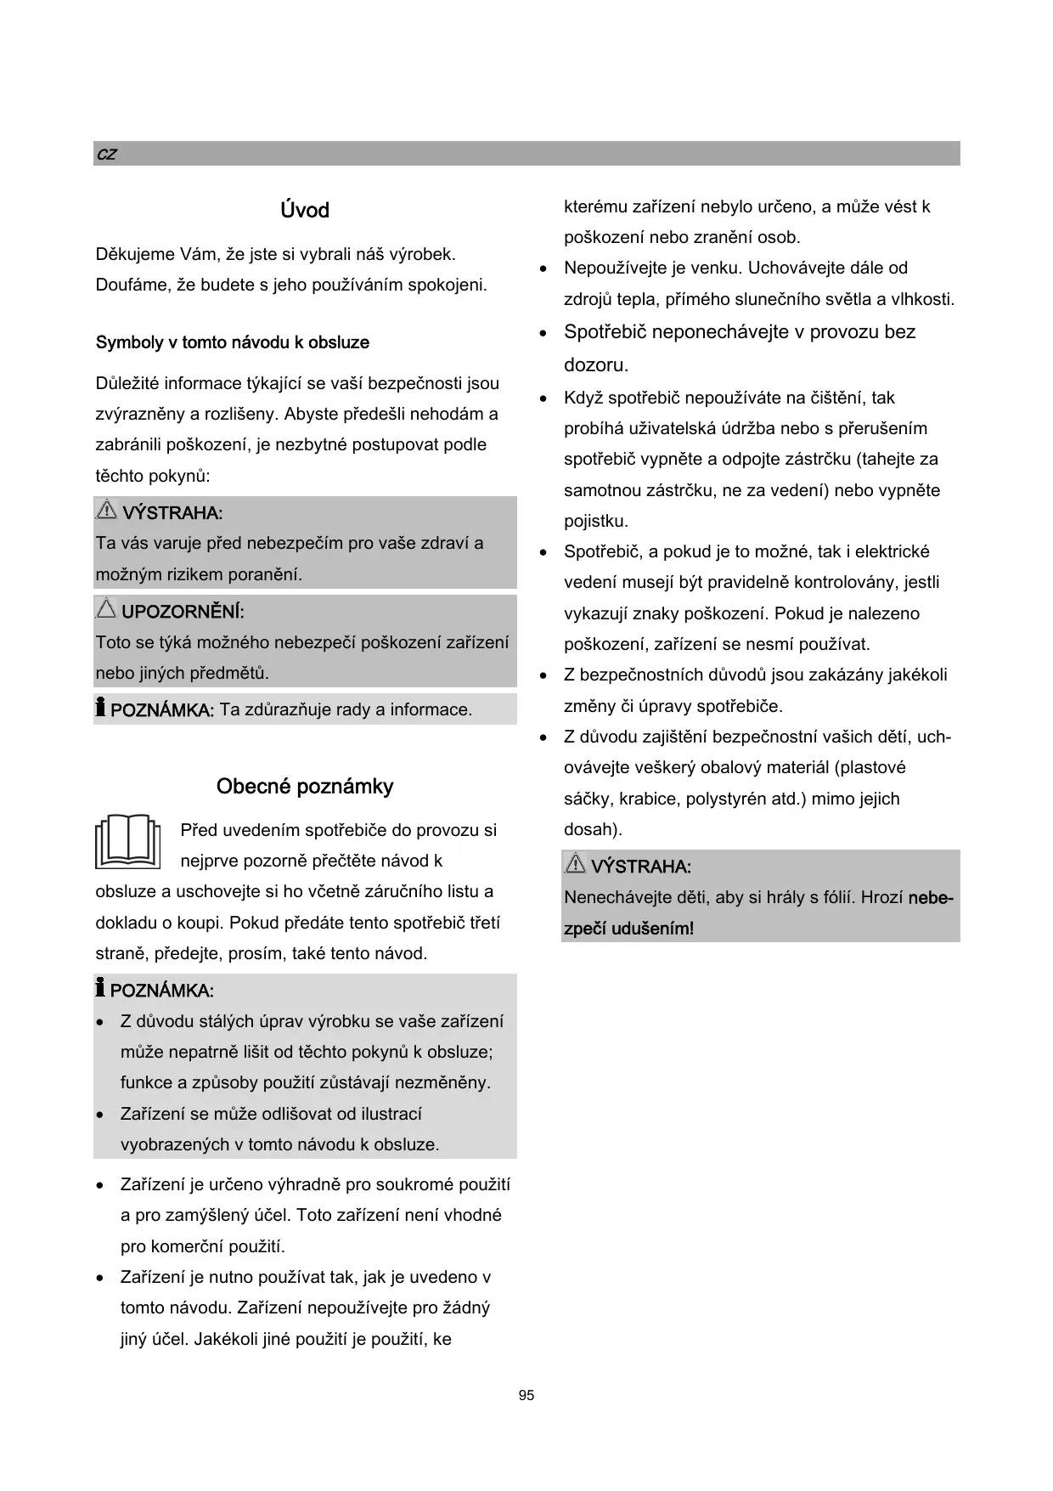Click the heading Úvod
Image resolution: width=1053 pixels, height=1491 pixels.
click(x=304, y=210)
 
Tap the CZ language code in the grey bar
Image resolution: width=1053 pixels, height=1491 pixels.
click(x=106, y=155)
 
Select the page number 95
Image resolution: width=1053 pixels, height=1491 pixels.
click(x=526, y=1396)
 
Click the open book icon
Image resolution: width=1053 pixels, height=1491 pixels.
click(x=128, y=841)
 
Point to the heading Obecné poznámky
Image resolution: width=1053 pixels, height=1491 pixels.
click(x=304, y=786)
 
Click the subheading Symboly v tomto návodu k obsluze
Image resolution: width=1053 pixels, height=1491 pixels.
click(x=232, y=342)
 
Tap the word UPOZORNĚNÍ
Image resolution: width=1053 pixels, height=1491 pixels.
click(x=183, y=612)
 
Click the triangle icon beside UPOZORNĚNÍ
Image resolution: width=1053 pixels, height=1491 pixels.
click(x=106, y=608)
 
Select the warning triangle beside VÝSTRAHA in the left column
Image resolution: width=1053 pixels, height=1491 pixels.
click(x=106, y=510)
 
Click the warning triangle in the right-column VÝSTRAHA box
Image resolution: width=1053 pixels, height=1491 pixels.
click(x=575, y=863)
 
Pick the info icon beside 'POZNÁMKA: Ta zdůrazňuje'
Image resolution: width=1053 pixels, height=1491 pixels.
click(x=100, y=706)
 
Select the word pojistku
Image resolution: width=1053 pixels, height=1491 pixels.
click(x=595, y=521)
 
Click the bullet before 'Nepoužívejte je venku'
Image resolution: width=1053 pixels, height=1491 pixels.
click(x=544, y=269)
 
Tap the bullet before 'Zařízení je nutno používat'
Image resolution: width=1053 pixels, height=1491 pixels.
click(x=101, y=1278)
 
